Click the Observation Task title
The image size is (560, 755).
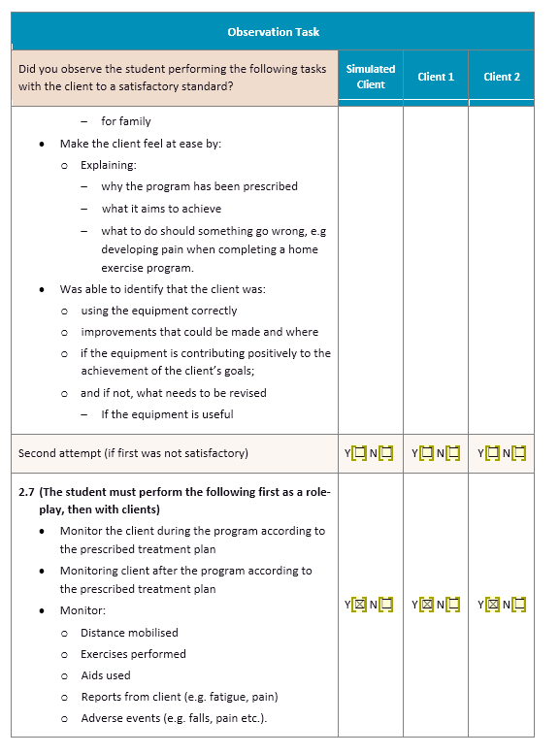(273, 32)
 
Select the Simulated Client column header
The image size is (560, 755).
(371, 77)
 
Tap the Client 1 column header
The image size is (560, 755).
(436, 77)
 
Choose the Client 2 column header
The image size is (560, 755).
(502, 77)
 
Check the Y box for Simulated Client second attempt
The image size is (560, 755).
(359, 452)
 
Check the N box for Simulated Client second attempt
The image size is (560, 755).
(386, 452)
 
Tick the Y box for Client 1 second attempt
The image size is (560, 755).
(426, 452)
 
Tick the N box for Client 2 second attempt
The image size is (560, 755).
(518, 452)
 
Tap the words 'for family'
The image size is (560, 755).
(126, 121)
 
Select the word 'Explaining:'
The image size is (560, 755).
(108, 165)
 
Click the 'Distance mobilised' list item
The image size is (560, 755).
(129, 633)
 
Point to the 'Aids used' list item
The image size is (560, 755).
(105, 675)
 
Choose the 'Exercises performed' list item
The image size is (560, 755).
(133, 654)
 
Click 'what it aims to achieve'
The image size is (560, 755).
(161, 209)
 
